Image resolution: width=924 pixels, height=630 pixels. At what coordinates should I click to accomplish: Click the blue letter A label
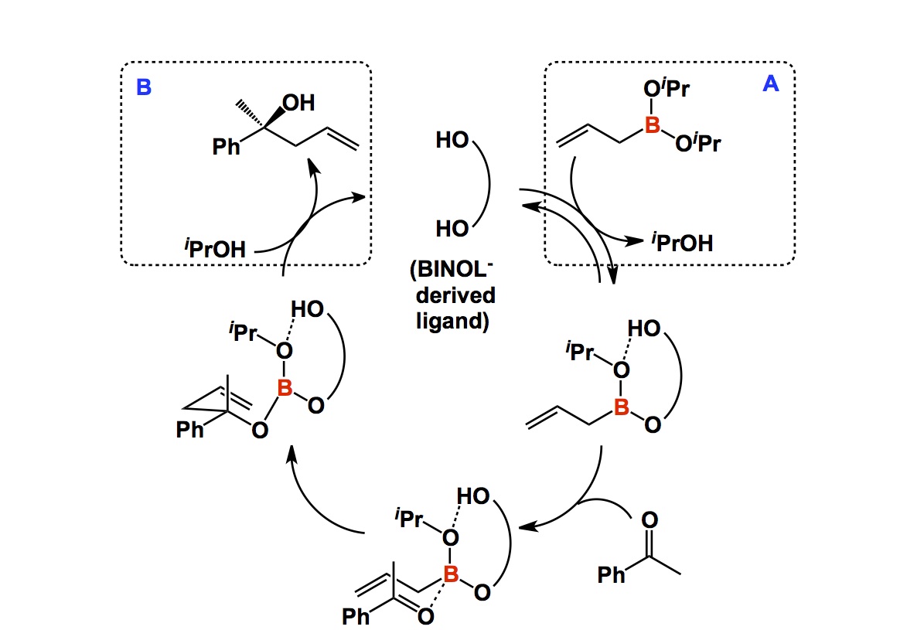tap(770, 86)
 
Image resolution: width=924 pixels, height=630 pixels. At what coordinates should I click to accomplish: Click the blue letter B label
tap(143, 87)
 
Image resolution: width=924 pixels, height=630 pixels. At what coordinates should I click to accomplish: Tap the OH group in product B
tap(299, 104)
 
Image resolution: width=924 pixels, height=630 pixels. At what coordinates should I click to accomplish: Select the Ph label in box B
tap(227, 147)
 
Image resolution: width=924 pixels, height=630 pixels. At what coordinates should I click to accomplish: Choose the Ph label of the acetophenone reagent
tap(612, 575)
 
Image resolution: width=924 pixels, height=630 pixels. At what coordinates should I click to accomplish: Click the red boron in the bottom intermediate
tap(451, 573)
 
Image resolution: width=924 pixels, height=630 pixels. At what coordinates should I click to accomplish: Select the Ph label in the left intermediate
tap(189, 429)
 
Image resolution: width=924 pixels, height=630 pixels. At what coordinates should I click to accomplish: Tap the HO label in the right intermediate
tap(643, 330)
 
